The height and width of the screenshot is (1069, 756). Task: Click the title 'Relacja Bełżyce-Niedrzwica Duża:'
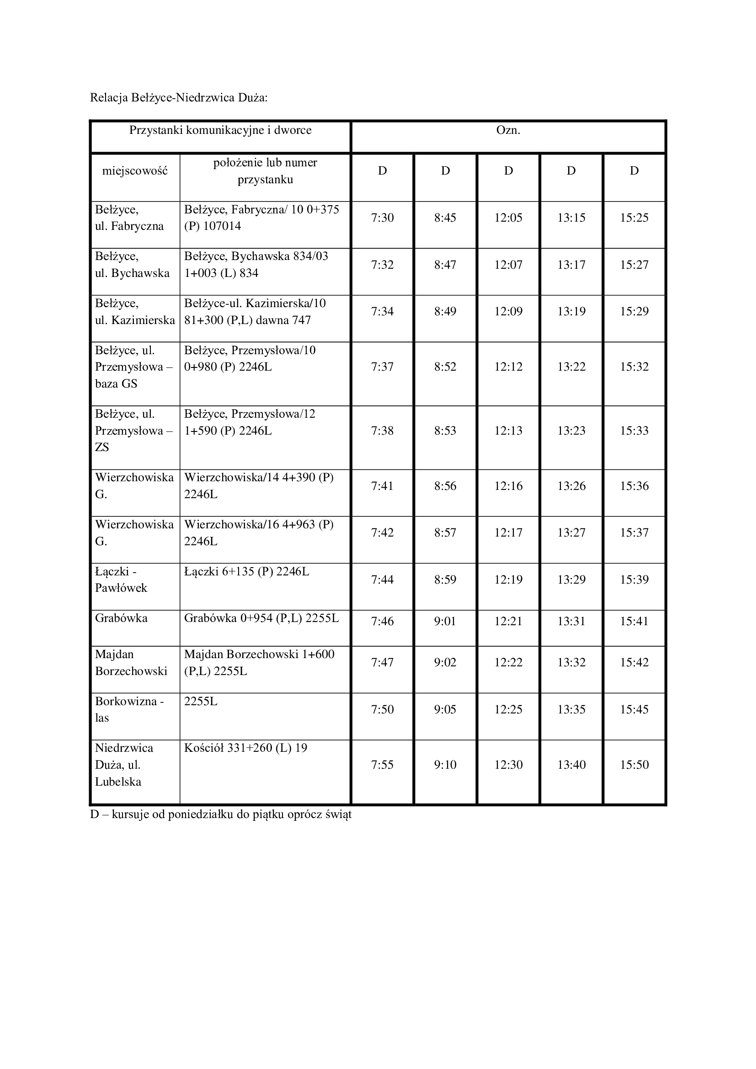click(179, 98)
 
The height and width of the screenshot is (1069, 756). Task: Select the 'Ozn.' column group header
click(508, 130)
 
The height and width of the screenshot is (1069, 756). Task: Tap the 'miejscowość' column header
click(135, 171)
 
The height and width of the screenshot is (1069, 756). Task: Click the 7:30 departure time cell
click(382, 218)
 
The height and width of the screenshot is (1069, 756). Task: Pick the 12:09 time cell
click(508, 312)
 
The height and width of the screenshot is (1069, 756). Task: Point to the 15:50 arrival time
click(634, 765)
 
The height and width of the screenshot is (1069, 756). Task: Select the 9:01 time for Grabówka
click(445, 622)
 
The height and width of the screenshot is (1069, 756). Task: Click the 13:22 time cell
click(571, 367)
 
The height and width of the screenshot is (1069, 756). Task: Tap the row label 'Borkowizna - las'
click(129, 709)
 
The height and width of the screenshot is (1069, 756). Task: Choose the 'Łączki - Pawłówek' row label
click(121, 580)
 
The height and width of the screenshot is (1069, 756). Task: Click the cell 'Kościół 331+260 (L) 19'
click(246, 748)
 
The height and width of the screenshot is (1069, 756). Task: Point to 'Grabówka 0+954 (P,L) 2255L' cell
click(261, 618)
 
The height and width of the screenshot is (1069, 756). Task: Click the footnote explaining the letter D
click(221, 815)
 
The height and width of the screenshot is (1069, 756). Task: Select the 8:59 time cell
click(445, 580)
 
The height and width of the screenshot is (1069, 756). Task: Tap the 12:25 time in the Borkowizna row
click(508, 710)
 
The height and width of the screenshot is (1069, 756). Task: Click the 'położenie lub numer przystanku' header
click(266, 171)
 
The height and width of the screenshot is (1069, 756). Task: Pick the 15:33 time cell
click(634, 431)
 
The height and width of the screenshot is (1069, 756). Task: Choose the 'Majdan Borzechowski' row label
click(131, 663)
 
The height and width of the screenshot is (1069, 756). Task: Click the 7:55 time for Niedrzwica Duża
click(382, 765)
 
